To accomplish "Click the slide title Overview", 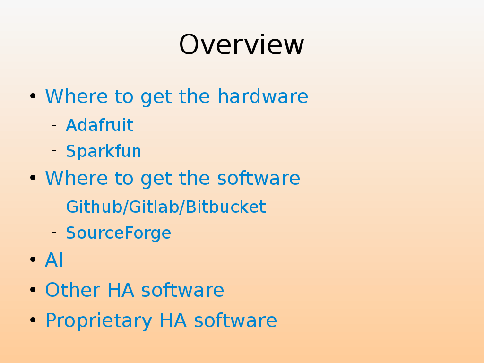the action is tap(242, 45).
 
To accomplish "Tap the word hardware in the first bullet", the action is tap(263, 96).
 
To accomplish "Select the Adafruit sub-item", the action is tap(100, 125).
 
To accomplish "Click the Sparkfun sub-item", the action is tap(104, 151).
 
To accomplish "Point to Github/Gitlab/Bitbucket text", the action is tap(166, 207).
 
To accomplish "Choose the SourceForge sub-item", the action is tap(119, 233).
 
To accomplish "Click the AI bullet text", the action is tap(54, 259).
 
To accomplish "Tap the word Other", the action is tap(73, 290).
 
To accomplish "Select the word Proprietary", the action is tap(99, 320).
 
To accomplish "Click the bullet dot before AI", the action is tap(33, 259).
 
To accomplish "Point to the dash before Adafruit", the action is tap(54, 125).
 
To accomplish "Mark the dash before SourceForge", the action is tap(54, 232).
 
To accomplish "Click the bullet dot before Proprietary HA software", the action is tap(33, 320).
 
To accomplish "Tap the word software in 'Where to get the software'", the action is tap(259, 178).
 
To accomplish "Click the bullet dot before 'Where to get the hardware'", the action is tap(33, 96).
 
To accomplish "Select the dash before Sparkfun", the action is tap(54, 151).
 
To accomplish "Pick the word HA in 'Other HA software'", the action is tap(121, 290).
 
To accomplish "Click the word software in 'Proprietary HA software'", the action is tap(235, 320).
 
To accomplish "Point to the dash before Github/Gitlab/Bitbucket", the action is tap(54, 206).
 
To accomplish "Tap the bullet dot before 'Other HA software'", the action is tap(33, 290).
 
